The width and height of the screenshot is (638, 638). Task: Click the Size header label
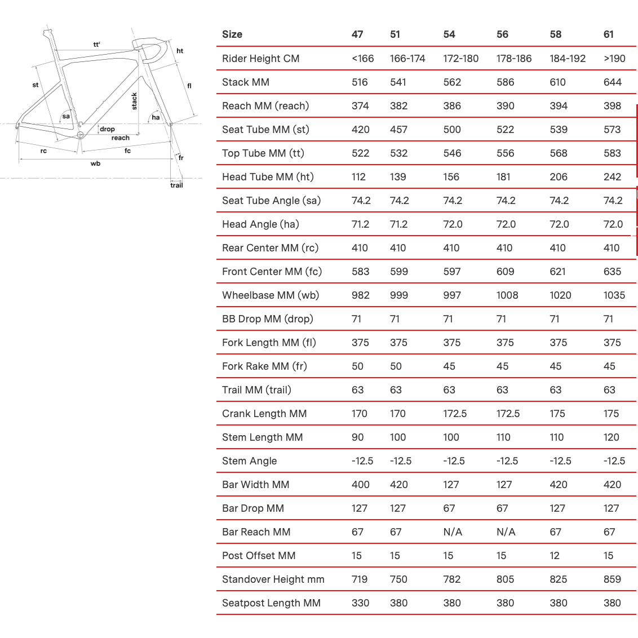[x=232, y=34]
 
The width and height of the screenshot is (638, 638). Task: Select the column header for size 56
[x=502, y=34]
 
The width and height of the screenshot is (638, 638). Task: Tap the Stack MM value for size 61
[x=612, y=82]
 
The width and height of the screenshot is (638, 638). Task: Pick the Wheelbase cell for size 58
[x=560, y=295]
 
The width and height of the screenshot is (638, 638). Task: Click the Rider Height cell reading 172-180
[x=460, y=59]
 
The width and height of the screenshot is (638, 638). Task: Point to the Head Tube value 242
[x=612, y=177]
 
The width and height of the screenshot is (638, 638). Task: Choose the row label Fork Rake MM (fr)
[x=264, y=366]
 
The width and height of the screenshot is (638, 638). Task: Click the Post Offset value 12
[x=555, y=556]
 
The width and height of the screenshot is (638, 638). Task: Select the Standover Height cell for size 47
[x=360, y=579]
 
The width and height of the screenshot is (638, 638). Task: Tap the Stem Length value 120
[x=611, y=437]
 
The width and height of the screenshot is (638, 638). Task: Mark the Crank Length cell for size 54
[x=455, y=414]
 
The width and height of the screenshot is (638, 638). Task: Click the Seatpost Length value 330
[x=360, y=603]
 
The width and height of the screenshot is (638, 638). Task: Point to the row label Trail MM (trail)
[x=256, y=390]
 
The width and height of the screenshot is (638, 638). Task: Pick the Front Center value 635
[x=612, y=272]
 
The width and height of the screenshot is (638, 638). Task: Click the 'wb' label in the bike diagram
[x=95, y=163]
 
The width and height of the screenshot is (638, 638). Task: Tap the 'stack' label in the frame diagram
[x=134, y=101]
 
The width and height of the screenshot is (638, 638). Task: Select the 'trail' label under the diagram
[x=176, y=185]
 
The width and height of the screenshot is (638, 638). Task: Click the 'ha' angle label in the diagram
[x=156, y=117]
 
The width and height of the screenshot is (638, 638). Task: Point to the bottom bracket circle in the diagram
[x=80, y=135]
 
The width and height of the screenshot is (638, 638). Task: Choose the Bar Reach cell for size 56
[x=506, y=532]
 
